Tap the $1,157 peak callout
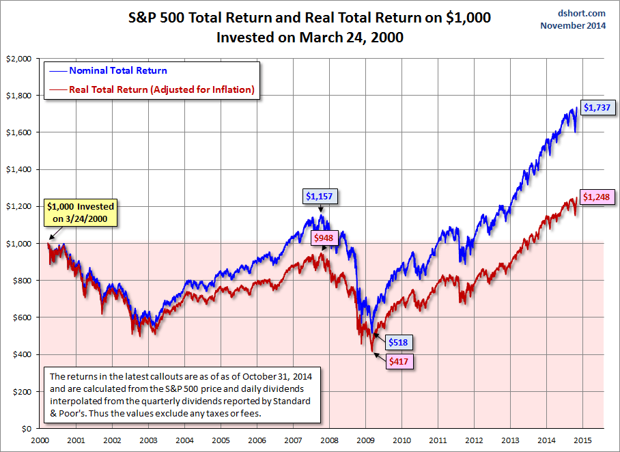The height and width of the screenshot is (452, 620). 320,197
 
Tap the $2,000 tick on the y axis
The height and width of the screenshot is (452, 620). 18,59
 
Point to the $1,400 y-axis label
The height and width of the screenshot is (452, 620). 18,169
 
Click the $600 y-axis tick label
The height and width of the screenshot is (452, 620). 21,317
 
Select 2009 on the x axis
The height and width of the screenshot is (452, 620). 366,441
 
